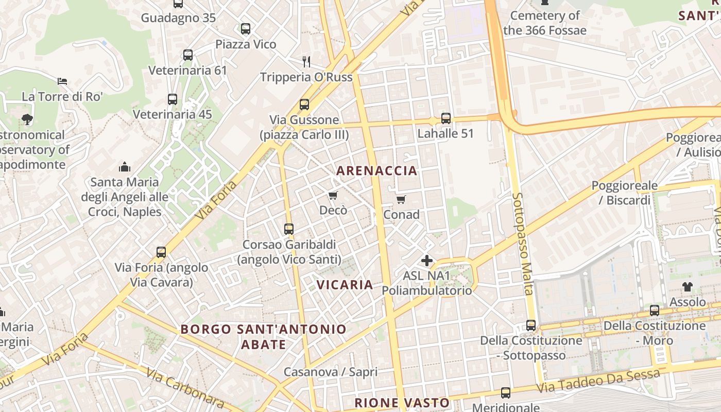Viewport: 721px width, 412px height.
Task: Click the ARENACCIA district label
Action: coord(376,170)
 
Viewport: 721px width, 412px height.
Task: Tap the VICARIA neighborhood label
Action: coord(345,285)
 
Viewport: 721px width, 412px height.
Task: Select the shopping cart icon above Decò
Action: coord(333,196)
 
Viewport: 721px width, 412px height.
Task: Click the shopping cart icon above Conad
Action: coord(401,199)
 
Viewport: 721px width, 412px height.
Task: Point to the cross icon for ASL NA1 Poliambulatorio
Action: coord(427,261)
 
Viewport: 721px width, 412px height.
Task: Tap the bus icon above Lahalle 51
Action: coord(446,118)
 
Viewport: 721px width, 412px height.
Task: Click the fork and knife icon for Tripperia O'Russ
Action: coord(306,62)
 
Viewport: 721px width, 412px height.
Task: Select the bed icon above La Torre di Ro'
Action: coord(62,81)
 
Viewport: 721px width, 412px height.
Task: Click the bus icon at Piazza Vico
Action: coord(246,29)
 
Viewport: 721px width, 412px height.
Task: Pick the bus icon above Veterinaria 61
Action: coord(188,55)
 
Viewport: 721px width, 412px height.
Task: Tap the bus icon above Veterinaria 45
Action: coord(173,99)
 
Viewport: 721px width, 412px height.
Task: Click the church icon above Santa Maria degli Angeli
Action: coord(125,167)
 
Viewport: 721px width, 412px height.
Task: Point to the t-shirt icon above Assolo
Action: coord(688,287)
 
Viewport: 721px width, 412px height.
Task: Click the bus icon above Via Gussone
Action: coord(304,105)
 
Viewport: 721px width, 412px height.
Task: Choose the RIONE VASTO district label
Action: coord(402,403)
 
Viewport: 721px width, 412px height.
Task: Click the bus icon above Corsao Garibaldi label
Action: coord(289,229)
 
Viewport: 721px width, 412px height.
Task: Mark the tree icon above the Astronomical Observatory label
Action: coord(27,120)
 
